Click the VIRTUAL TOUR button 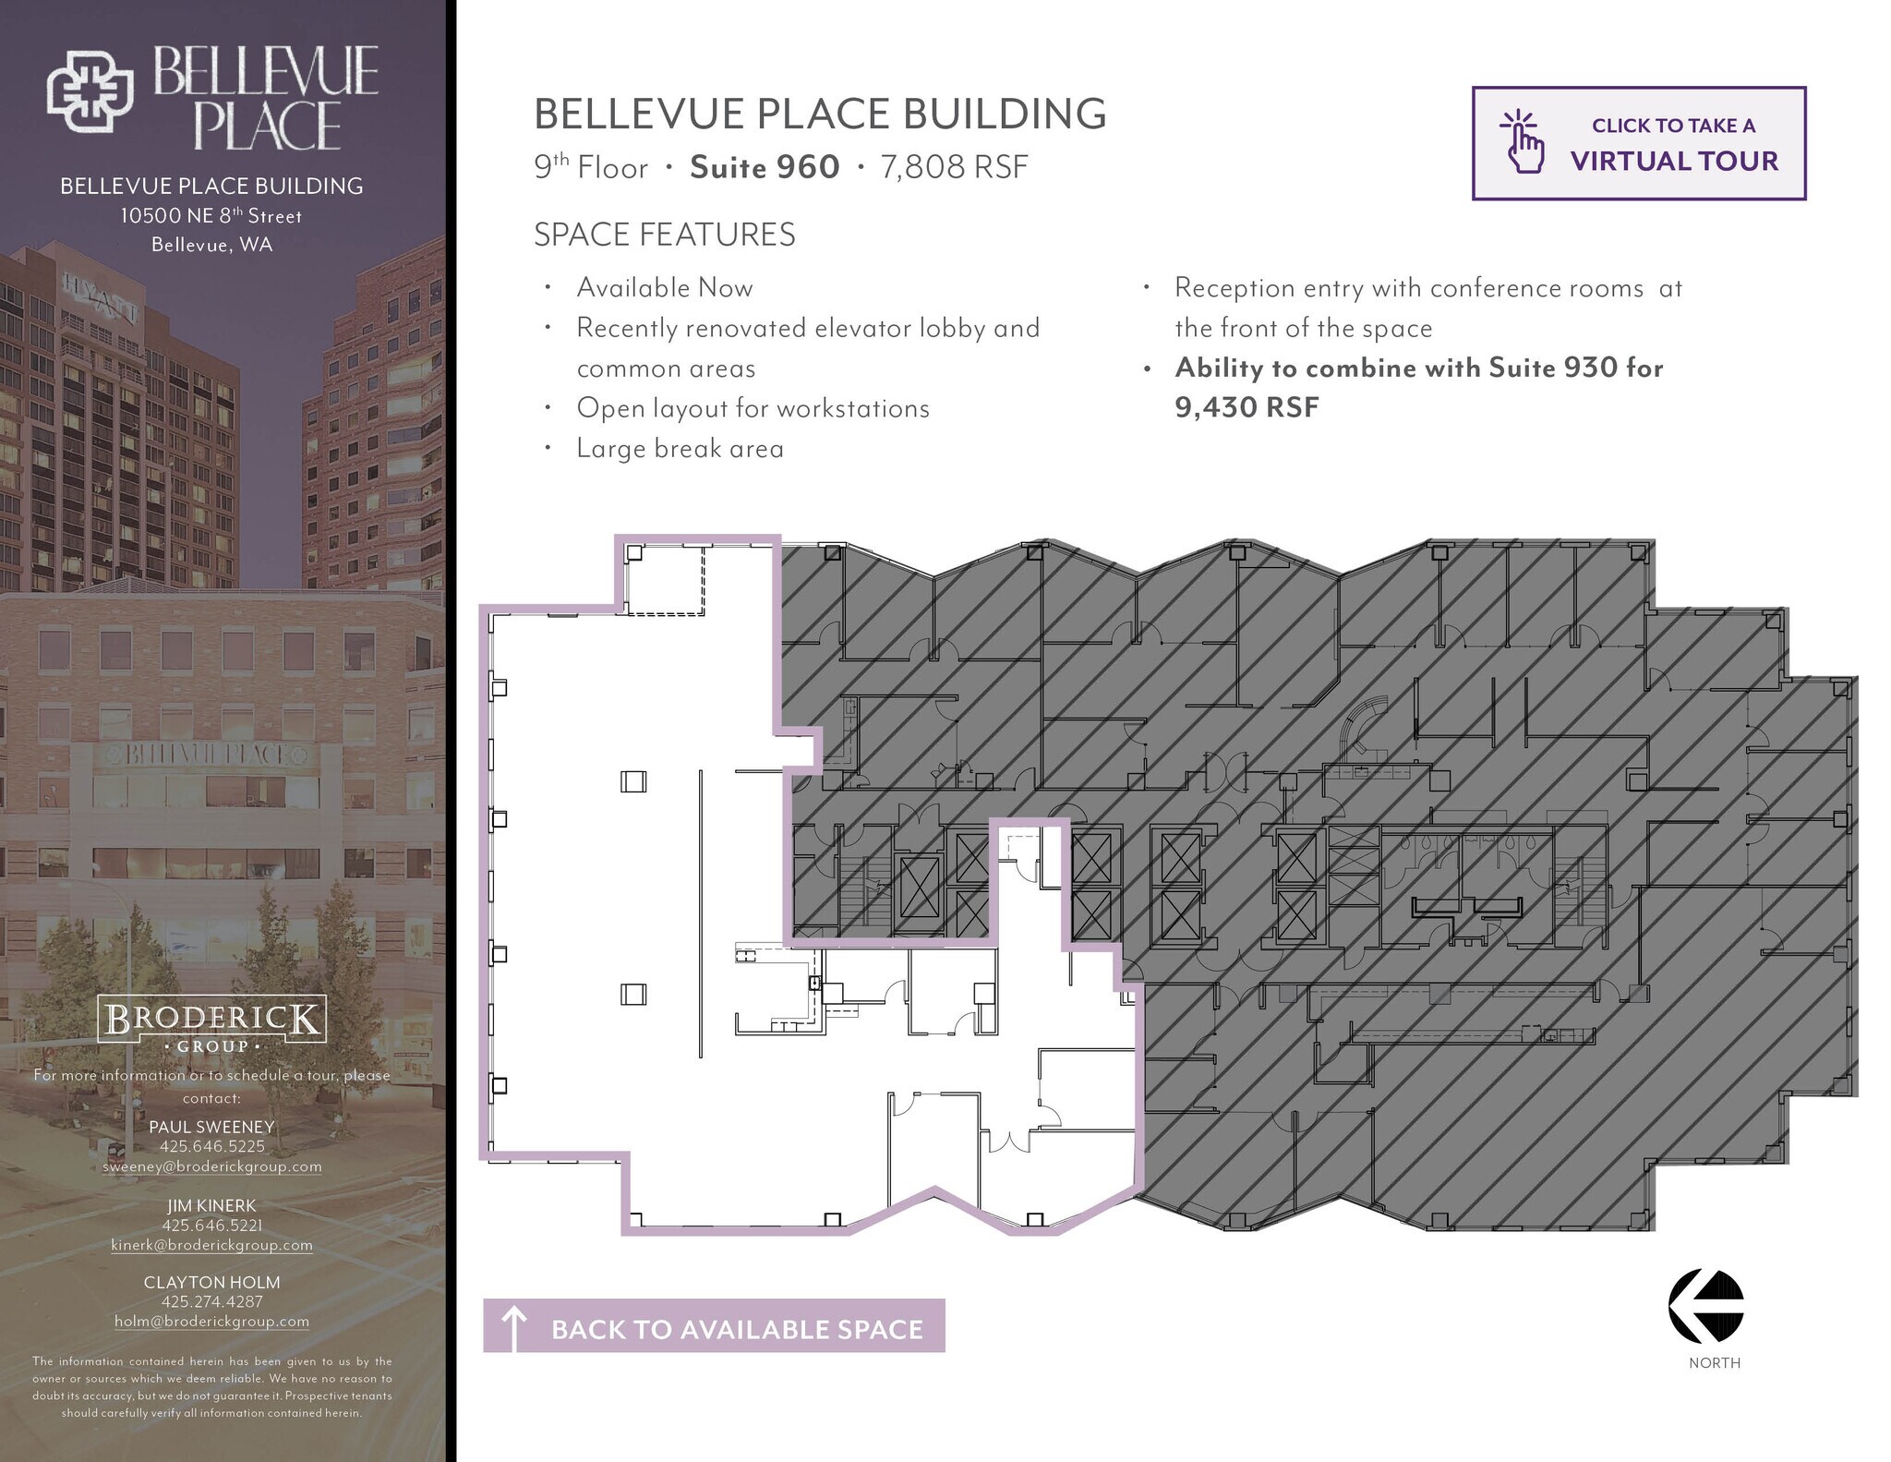point(1638,143)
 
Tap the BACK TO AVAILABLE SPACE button point(714,1326)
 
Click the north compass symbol point(1705,1306)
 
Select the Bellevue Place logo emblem point(90,91)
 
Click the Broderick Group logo point(211,1024)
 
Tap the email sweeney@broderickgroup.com point(211,1166)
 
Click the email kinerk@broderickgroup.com point(211,1245)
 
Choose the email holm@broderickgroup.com point(211,1322)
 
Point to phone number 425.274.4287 point(211,1301)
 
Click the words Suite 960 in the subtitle point(765,167)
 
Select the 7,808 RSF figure point(954,167)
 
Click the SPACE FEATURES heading point(664,235)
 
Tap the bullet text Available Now point(665,288)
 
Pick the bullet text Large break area point(680,449)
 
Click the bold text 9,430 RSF point(1247,407)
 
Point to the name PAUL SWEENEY point(211,1127)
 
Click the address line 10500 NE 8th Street point(211,216)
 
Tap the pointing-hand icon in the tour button point(1522,143)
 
